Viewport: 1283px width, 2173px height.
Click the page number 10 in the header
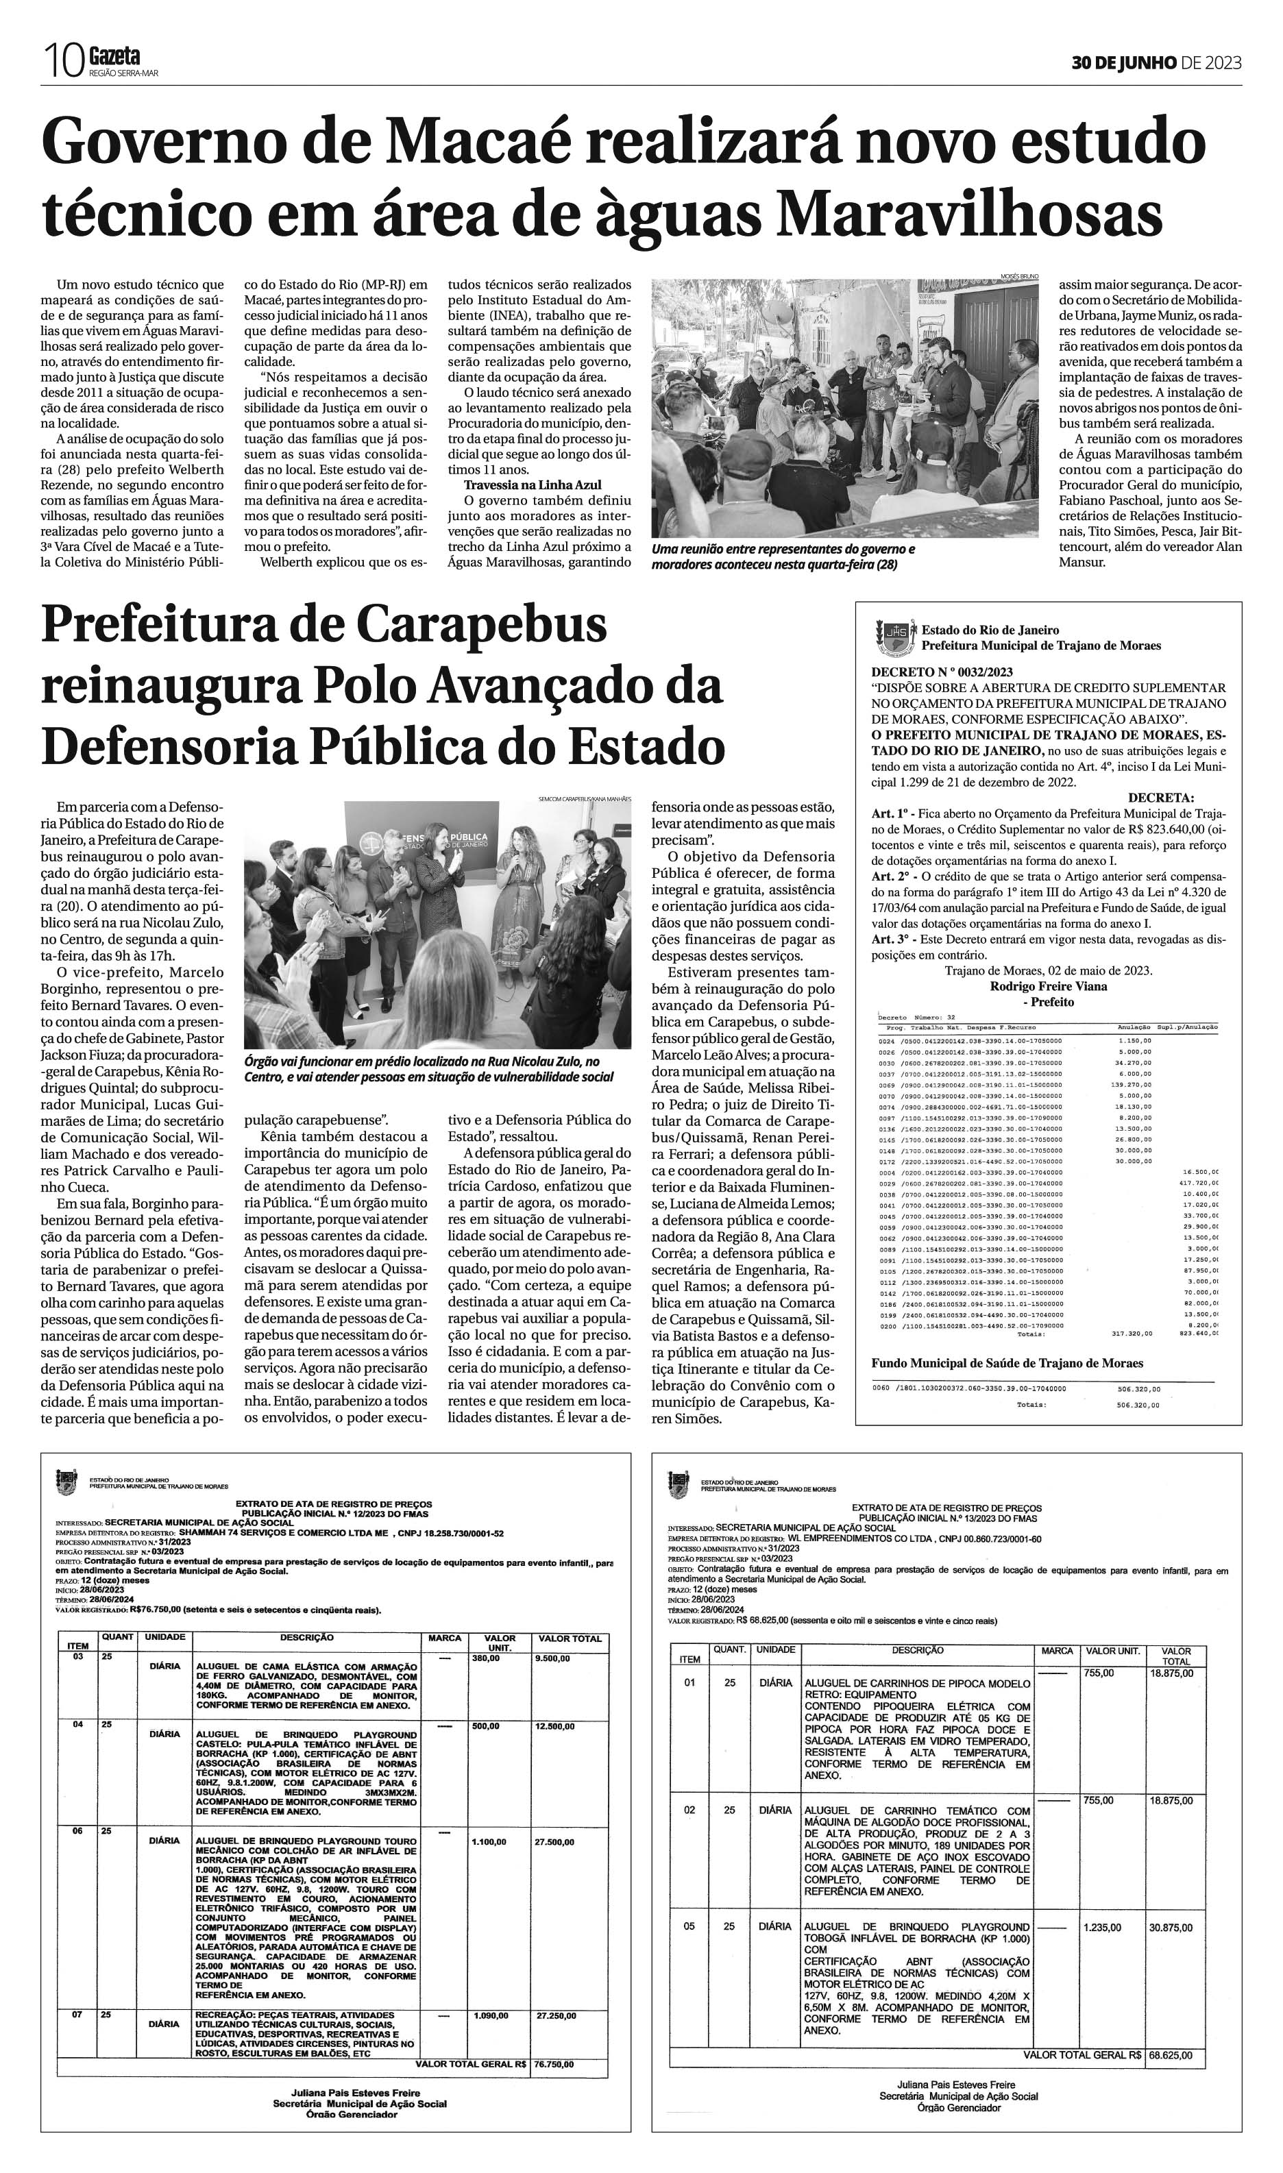(x=63, y=63)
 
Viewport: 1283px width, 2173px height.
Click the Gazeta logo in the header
(x=114, y=57)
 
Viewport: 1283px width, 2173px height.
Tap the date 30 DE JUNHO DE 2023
(x=1156, y=62)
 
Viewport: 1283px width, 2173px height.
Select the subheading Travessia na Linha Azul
(x=532, y=485)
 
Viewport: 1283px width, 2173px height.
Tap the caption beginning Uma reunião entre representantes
(x=783, y=556)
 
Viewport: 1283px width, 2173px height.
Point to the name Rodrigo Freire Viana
(x=1048, y=986)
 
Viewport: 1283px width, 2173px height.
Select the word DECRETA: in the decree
(x=1160, y=797)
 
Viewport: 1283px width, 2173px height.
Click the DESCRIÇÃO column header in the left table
(x=306, y=1637)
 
